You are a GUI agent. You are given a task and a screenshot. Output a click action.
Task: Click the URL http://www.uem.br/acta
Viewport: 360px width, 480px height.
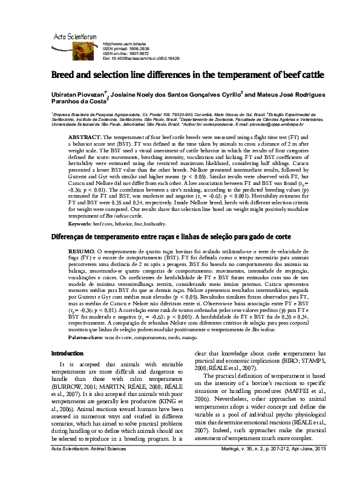[125, 44]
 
